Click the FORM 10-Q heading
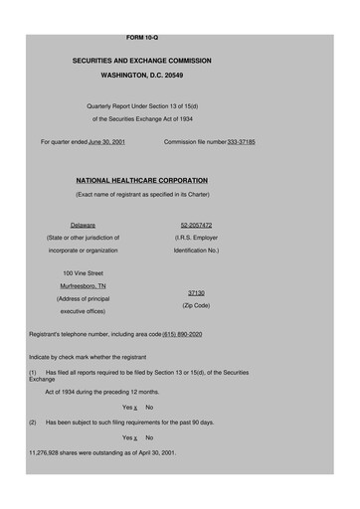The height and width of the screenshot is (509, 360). [x=141, y=37]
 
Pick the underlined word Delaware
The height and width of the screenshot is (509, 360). [x=83, y=225]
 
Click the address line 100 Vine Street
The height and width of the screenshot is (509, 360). [x=84, y=271]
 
